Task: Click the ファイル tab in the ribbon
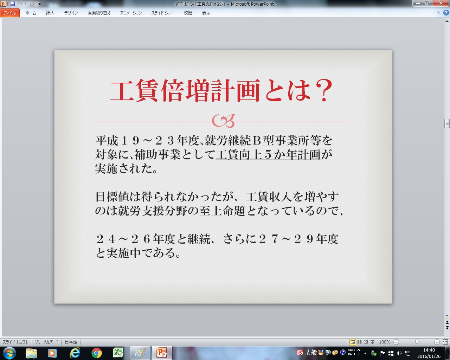[x=9, y=13]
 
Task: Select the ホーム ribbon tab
[x=31, y=13]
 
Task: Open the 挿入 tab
[x=50, y=13]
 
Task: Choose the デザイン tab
[x=71, y=13]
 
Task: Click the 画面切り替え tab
[x=99, y=13]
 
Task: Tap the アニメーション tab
[x=131, y=13]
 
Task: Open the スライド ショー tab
[x=162, y=13]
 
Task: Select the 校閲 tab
[x=188, y=13]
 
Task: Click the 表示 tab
[x=206, y=13]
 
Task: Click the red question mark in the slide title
[x=324, y=90]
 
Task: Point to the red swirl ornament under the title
[x=224, y=121]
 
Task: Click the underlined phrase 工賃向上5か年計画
[x=268, y=155]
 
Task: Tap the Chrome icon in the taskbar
[x=96, y=353]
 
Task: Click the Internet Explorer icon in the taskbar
[x=75, y=353]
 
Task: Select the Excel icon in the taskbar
[x=118, y=353]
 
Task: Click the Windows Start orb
[x=9, y=353]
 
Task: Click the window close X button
[x=441, y=3]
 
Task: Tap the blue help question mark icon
[x=446, y=13]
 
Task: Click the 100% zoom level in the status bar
[x=385, y=342]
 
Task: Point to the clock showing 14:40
[x=429, y=350]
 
